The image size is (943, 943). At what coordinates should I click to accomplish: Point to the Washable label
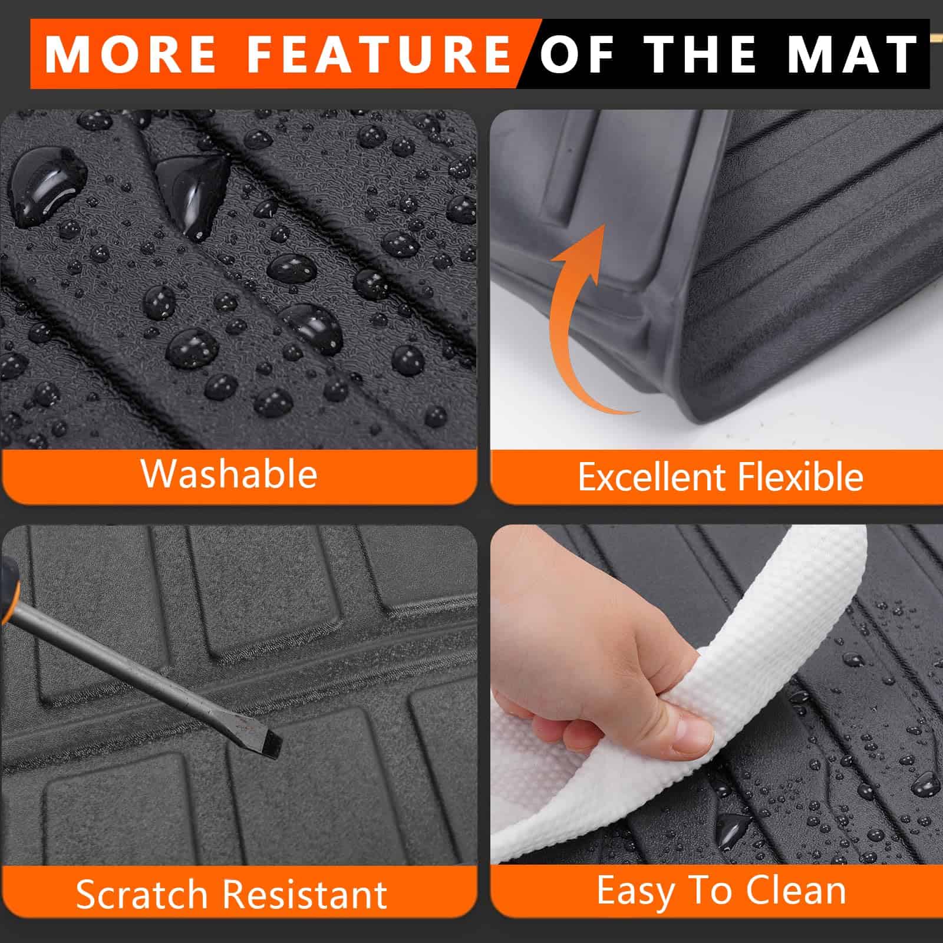[229, 473]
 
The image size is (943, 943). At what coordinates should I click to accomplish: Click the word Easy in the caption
[635, 891]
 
